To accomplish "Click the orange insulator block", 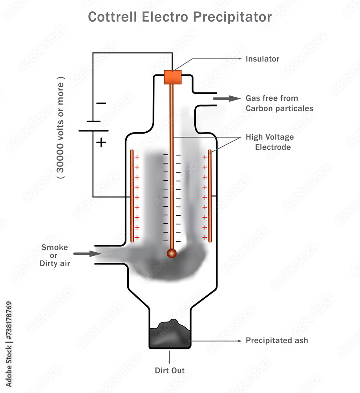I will [172, 77].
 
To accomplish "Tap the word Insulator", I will [262, 59].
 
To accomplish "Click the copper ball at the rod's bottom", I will [172, 253].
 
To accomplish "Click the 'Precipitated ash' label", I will [277, 340].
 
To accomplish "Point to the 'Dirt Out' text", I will [170, 370].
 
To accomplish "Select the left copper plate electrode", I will [132, 195].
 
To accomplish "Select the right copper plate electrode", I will [210, 195].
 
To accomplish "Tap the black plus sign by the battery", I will [101, 142].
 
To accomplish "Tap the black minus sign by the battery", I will [101, 103].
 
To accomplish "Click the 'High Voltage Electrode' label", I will [269, 142].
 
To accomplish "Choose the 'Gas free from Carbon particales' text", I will [279, 103].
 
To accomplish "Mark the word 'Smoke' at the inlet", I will [55, 247].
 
